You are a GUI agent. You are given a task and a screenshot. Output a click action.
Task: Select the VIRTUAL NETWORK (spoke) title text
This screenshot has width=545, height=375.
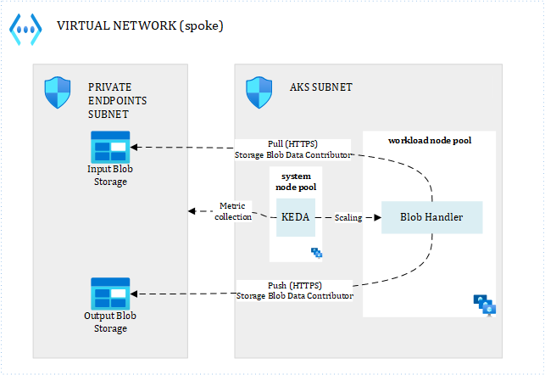tap(140, 25)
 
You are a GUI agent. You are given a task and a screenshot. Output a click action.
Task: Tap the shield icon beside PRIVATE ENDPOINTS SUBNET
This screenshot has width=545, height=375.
tap(57, 91)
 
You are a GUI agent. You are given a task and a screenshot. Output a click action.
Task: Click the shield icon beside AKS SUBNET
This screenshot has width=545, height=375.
tap(259, 89)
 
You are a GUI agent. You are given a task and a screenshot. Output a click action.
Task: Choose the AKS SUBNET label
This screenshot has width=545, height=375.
tap(321, 87)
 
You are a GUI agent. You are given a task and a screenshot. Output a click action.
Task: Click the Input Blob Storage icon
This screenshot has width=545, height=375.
tap(109, 147)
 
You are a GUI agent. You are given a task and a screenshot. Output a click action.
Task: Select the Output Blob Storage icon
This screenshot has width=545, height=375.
tap(109, 293)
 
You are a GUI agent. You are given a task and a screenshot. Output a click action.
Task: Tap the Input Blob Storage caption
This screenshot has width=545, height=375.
tap(109, 176)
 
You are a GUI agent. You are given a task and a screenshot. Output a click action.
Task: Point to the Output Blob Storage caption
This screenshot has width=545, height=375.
tap(109, 322)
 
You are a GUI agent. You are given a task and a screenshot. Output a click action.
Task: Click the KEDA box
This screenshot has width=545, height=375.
tap(295, 217)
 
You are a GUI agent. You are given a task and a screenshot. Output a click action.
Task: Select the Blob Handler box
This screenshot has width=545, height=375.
tap(431, 217)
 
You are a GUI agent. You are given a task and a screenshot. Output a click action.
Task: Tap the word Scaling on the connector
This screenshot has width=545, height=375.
tap(348, 217)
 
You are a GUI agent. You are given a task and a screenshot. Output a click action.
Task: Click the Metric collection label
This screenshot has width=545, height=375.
tap(235, 211)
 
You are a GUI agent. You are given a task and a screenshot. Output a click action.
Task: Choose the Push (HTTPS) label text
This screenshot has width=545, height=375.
tap(293, 285)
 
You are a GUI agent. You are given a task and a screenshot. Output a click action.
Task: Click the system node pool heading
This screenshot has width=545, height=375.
tap(296, 181)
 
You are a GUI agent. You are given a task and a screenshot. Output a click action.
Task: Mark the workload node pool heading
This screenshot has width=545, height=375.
tap(429, 140)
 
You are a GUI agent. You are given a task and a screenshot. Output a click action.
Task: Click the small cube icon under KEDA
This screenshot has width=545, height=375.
tap(316, 252)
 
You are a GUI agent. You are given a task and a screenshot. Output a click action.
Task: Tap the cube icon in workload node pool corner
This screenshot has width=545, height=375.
tap(484, 305)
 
